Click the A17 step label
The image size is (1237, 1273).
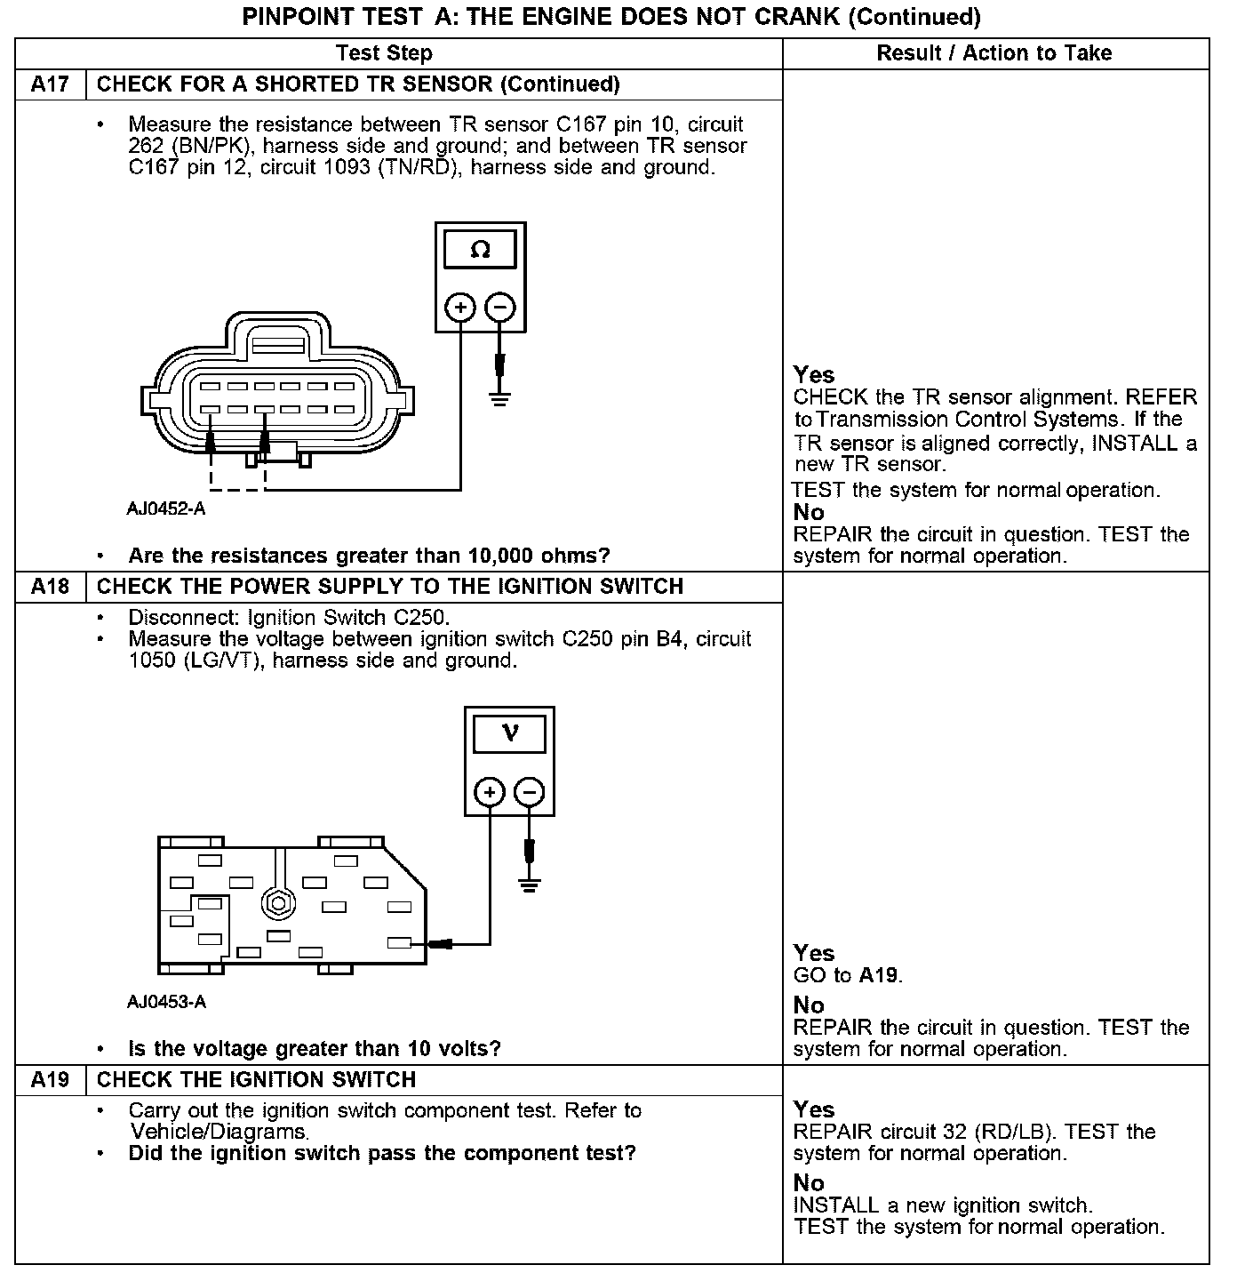tap(50, 84)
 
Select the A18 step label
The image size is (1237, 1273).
tap(50, 587)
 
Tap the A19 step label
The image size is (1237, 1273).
tap(50, 1079)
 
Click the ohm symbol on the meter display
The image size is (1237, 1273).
tap(480, 250)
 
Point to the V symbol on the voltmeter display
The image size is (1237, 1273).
tap(510, 733)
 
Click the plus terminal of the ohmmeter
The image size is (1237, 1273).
tap(460, 308)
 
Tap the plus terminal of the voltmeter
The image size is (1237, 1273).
tap(490, 791)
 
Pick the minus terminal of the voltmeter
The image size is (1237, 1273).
tap(530, 791)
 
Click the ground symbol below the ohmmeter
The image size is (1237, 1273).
tap(500, 396)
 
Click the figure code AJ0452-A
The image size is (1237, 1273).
tap(166, 509)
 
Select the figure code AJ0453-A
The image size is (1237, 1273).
tap(166, 1002)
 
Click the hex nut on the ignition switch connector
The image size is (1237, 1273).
tap(278, 904)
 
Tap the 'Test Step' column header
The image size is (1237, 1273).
tap(385, 53)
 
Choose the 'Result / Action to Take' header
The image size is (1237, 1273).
tap(994, 53)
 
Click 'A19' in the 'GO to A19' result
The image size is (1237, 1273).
tap(878, 975)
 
